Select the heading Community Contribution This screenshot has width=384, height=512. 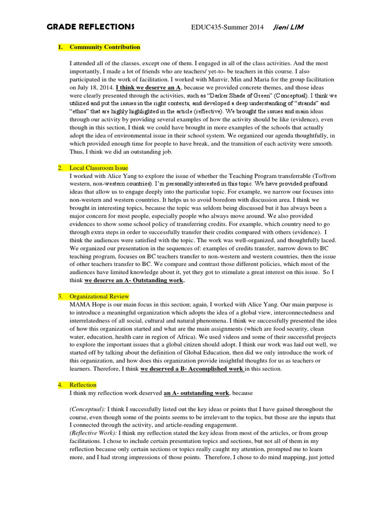click(x=105, y=47)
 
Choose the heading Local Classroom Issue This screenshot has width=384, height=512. click(x=99, y=168)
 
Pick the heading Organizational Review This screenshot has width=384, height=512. click(x=99, y=296)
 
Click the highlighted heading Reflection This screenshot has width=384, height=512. click(x=83, y=384)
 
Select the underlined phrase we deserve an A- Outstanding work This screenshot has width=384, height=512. click(x=134, y=280)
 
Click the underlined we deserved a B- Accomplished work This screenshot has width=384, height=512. click(x=192, y=368)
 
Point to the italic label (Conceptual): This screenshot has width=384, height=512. click(x=87, y=409)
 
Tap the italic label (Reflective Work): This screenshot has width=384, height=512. click(x=94, y=433)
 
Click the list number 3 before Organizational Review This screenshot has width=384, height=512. click(x=59, y=296)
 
